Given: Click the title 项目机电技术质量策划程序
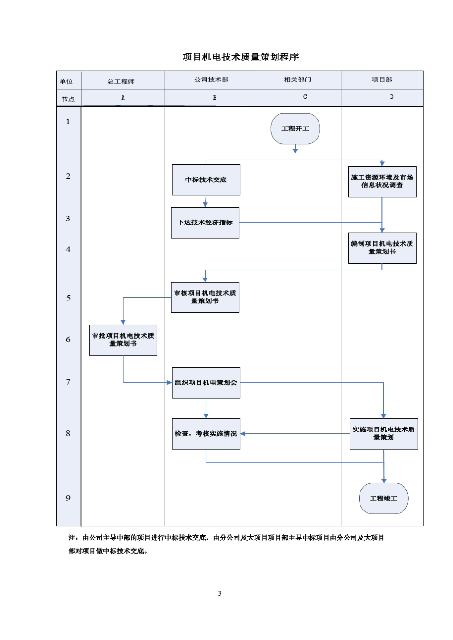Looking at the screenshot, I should tap(240, 57).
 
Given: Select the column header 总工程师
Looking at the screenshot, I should tap(121, 81).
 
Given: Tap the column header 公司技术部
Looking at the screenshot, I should tap(211, 80).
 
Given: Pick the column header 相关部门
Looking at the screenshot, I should tap(298, 80).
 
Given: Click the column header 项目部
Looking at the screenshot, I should tap(382, 80).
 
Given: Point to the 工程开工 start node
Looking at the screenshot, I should tap(295, 129).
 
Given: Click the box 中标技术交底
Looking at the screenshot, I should tap(206, 180).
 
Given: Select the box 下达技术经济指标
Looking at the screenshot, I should tap(205, 222).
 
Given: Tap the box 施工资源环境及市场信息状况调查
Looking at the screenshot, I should tap(382, 181).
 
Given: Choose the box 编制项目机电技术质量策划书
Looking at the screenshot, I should tap(382, 248).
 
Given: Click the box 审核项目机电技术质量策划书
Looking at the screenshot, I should tap(205, 297).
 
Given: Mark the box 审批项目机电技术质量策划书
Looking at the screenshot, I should tap(123, 340).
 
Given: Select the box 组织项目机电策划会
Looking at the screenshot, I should tap(206, 382).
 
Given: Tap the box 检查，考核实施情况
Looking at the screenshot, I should tap(206, 433).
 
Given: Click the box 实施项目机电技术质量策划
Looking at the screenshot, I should tap(383, 433).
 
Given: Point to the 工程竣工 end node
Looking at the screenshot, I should tap(383, 498).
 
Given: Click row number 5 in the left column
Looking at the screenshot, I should tap(68, 298).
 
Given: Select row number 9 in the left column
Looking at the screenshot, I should tap(68, 498).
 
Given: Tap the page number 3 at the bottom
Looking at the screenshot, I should tap(220, 593).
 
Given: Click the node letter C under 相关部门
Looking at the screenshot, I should tap(305, 97).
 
